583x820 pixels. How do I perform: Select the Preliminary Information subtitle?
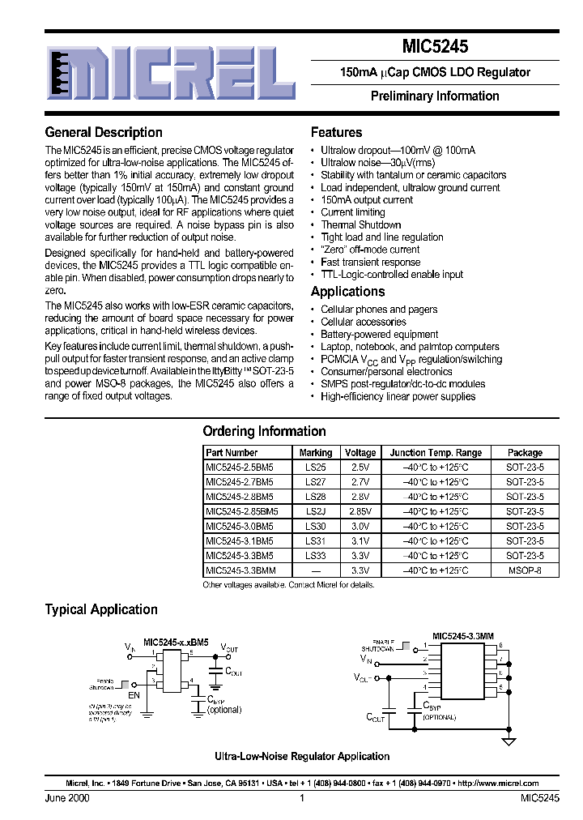pos(435,96)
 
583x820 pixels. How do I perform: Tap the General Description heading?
pos(104,132)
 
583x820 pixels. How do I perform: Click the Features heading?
pos(336,132)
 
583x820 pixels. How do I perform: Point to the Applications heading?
pos(347,292)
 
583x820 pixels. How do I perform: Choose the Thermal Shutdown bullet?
pos(360,224)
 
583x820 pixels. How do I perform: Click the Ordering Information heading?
pos(264,431)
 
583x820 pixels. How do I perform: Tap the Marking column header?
pos(315,453)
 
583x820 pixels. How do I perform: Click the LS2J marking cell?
pos(315,511)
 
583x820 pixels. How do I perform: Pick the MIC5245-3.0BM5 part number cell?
pos(239,526)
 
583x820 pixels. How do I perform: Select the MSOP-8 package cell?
pos(525,570)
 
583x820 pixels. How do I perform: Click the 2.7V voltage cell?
pos(360,482)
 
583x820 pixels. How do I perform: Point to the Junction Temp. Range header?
pos(436,453)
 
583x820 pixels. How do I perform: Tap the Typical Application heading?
pos(101,609)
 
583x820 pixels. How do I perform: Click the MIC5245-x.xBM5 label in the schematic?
pos(176,642)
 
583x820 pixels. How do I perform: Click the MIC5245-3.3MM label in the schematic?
pos(462,636)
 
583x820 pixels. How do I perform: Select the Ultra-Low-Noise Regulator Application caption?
pos(301,756)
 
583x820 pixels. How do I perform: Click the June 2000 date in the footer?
pos(67,798)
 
